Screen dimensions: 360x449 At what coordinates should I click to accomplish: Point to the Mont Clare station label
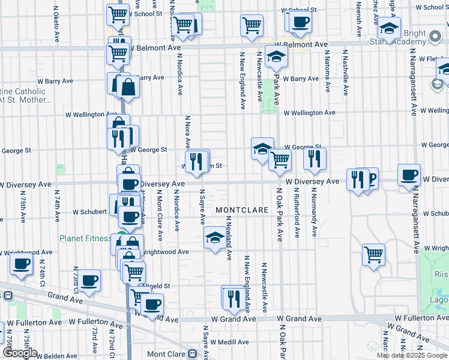click(164, 354)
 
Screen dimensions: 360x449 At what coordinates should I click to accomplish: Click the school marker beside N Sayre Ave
click(215, 238)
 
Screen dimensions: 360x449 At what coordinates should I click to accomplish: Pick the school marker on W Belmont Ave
click(276, 56)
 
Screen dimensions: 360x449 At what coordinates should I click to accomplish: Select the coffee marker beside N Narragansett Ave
click(409, 175)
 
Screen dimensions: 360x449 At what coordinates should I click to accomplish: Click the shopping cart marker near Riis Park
click(373, 254)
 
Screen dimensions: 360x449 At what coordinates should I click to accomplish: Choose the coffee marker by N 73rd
click(90, 280)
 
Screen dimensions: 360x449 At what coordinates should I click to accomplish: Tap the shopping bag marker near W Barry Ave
click(128, 87)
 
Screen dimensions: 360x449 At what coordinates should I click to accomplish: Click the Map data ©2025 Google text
click(412, 355)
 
